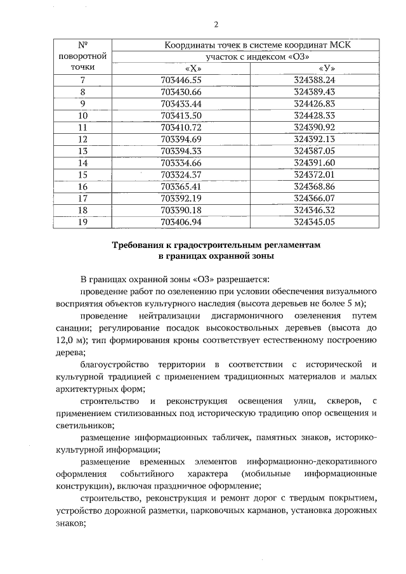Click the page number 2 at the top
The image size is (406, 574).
tap(216, 25)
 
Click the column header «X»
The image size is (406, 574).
tap(190, 68)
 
